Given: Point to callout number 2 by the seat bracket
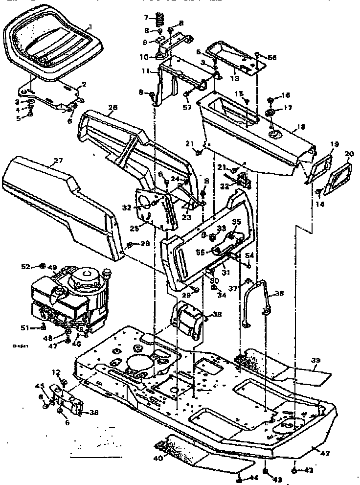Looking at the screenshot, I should pyautogui.click(x=84, y=84).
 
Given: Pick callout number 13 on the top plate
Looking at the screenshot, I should pyautogui.click(x=234, y=77).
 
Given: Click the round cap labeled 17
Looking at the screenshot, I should pyautogui.click(x=270, y=113).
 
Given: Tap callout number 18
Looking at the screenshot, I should pyautogui.click(x=301, y=127).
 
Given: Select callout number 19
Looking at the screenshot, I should pyautogui.click(x=335, y=144).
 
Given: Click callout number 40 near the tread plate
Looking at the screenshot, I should pyautogui.click(x=157, y=458).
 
